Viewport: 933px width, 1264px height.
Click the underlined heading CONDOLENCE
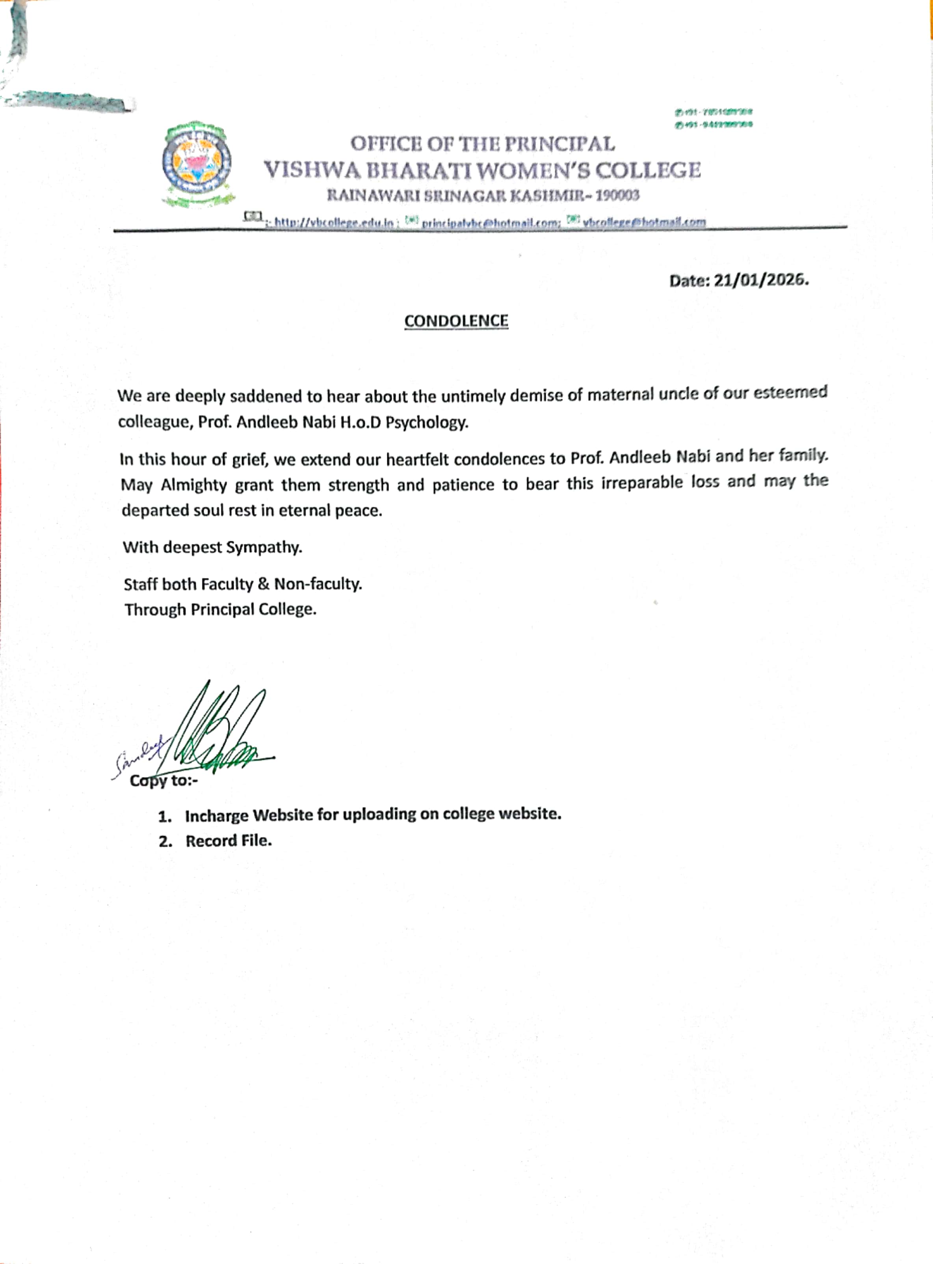(x=456, y=321)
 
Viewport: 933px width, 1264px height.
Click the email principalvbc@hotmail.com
(x=490, y=223)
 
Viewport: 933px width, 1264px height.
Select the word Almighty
(x=194, y=485)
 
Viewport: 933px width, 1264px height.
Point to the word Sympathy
(x=264, y=547)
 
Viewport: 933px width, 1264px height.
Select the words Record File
(x=229, y=841)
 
